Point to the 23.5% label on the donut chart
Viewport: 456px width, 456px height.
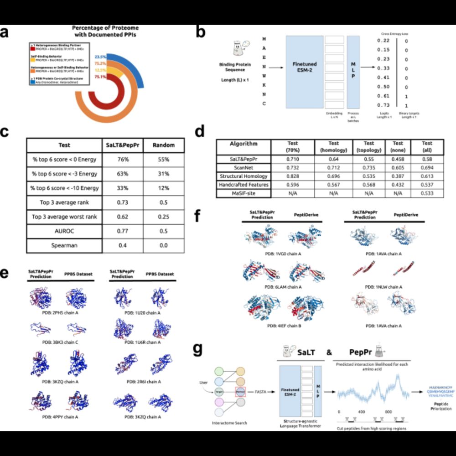click(100, 57)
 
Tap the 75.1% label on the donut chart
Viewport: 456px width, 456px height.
click(100, 77)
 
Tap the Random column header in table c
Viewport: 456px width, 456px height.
click(163, 145)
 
